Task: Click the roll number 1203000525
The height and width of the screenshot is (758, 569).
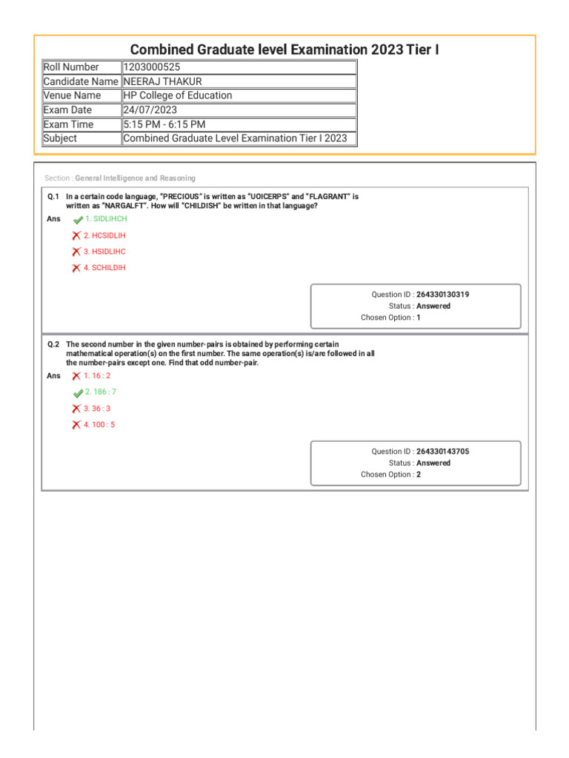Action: [152, 67]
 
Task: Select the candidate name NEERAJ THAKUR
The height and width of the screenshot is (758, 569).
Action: [162, 81]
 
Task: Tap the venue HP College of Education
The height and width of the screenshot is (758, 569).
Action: [177, 95]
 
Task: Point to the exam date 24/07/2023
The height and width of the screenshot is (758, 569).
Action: [150, 110]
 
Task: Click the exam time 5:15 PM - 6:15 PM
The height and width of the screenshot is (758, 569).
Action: [164, 124]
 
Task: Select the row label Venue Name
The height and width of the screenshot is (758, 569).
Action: [72, 95]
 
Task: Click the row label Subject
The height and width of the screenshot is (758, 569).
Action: [60, 138]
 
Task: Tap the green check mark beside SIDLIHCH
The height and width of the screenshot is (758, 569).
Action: [78, 220]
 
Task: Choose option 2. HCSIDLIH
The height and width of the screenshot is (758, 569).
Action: [104, 235]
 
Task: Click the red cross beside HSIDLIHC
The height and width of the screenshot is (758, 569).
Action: [76, 252]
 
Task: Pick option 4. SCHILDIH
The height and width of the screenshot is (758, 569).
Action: [104, 268]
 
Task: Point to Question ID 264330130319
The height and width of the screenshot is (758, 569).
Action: [442, 295]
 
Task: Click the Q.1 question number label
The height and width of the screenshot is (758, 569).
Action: [53, 197]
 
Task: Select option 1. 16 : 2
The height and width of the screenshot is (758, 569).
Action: [97, 376]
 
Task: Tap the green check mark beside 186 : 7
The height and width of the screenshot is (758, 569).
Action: [78, 393]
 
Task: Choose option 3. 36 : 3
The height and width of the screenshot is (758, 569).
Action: [97, 409]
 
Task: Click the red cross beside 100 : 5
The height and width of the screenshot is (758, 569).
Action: [76, 425]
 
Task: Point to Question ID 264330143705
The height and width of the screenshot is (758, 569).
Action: [442, 452]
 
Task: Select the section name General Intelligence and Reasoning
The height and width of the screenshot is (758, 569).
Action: [136, 178]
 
